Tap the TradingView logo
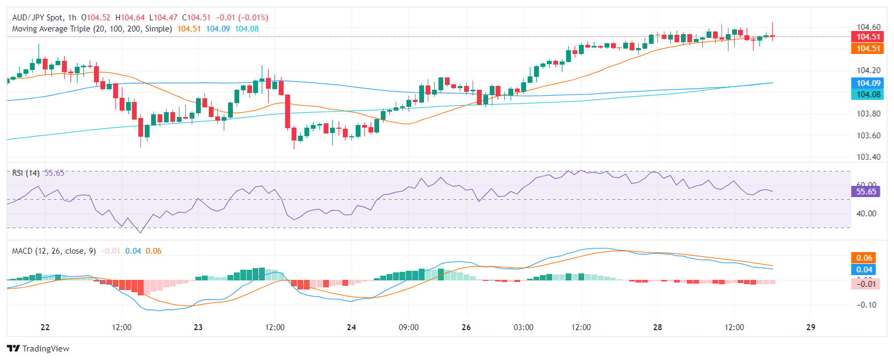click(38, 349)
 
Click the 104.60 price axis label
click(868, 27)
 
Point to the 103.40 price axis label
click(868, 157)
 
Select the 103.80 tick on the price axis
click(868, 114)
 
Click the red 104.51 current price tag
click(868, 37)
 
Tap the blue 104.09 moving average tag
click(868, 83)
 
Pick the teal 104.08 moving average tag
click(868, 95)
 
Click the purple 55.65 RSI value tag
click(866, 192)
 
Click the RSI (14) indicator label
click(26, 173)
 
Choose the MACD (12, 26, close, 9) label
click(54, 251)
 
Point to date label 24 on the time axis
click(351, 327)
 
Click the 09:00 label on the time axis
click(409, 327)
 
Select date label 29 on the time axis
click(811, 327)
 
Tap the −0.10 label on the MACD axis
click(866, 305)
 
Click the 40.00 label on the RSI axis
click(866, 214)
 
